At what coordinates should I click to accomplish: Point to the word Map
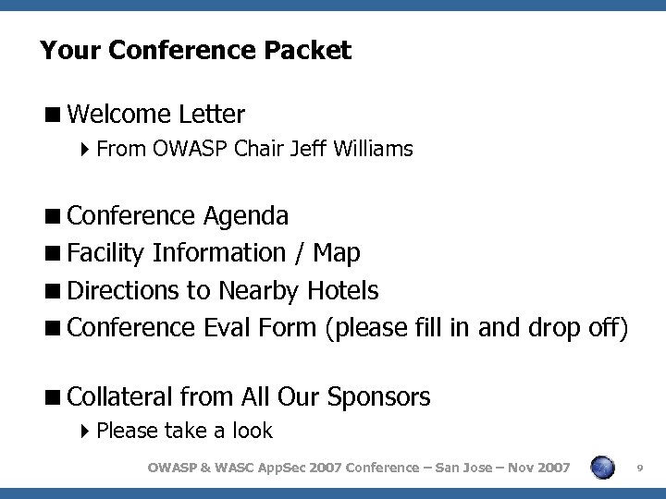pos(337,252)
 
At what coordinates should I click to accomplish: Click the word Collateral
pos(120,397)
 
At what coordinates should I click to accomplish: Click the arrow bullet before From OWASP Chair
pos(85,149)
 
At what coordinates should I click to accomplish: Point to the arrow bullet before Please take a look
pos(85,431)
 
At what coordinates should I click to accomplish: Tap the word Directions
pos(125,291)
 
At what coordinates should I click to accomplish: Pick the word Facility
pos(107,252)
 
